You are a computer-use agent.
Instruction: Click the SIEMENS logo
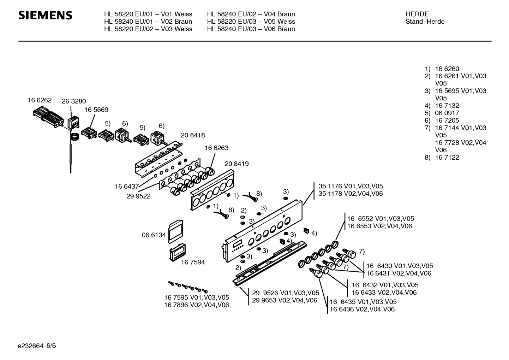[45, 16]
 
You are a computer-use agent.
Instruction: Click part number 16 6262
[40, 100]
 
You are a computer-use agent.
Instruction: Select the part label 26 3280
[73, 101]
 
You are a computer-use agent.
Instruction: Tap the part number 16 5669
[96, 110]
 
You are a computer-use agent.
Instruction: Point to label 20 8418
[193, 135]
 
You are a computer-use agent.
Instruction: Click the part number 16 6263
[216, 148]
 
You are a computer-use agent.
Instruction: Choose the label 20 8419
[236, 164]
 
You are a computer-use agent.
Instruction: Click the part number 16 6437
[126, 186]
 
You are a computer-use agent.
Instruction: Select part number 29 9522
[138, 196]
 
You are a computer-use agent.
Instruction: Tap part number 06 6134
[154, 235]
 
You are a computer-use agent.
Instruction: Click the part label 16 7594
[193, 262]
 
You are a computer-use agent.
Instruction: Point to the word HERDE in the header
[417, 14]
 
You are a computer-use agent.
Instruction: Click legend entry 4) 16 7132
[442, 106]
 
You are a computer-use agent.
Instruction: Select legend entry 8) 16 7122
[442, 158]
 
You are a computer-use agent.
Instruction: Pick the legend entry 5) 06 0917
[442, 113]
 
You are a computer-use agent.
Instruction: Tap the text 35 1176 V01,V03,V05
[351, 186]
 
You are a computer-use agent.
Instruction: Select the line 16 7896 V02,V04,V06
[197, 305]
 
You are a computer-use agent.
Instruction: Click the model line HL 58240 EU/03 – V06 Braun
[251, 29]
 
